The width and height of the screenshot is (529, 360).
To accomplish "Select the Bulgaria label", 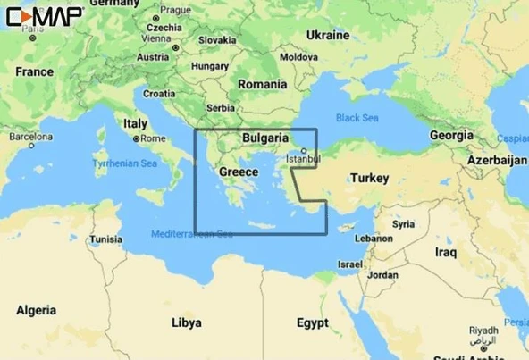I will (264, 138).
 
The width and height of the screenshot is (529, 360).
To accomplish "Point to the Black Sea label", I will (357, 118).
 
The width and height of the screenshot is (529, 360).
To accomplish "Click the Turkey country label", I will (369, 179).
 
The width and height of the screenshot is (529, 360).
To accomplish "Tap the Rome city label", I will (153, 138).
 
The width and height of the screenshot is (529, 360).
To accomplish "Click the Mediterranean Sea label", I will (191, 234).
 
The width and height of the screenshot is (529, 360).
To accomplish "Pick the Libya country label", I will (186, 321).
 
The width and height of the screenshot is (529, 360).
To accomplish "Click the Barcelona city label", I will (30, 138).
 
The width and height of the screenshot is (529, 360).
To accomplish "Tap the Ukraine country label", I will (327, 35).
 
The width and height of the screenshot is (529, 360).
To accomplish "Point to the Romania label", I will (263, 83).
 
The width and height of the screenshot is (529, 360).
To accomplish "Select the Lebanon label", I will (374, 239).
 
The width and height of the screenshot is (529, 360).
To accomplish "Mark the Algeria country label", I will (37, 310).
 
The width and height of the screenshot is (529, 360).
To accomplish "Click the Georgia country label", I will (451, 135).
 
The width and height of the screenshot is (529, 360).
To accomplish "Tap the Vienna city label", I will (155, 39).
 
